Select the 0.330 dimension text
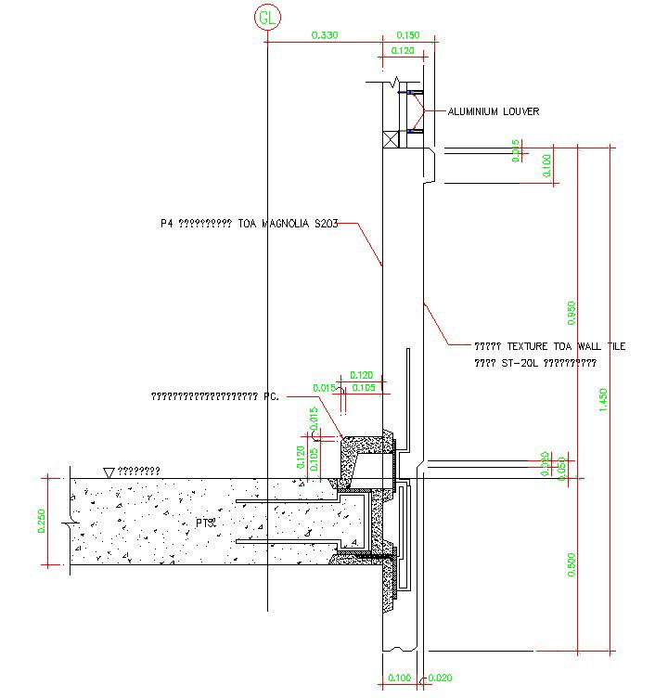[x=325, y=35]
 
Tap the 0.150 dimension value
[x=407, y=35]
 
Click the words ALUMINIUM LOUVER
[x=494, y=111]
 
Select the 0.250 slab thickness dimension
[x=41, y=521]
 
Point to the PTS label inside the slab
[x=206, y=523]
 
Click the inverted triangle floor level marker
[x=109, y=473]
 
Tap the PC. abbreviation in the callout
[x=271, y=396]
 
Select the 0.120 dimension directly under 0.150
[x=403, y=50]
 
